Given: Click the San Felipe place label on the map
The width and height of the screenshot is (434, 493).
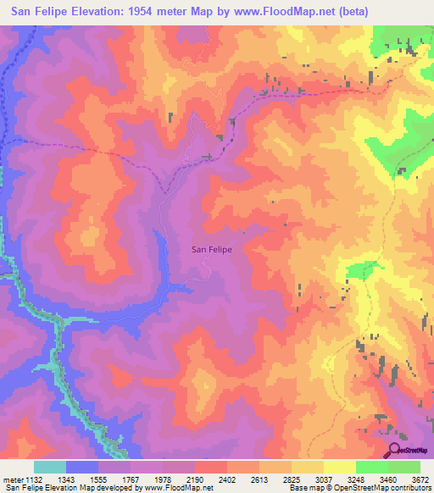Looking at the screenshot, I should point(211,249).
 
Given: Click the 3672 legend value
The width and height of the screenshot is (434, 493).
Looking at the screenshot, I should point(420,479).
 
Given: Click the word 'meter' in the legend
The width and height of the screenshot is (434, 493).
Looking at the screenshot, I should point(13,479).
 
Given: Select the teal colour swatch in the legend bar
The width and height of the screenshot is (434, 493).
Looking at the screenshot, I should point(50,467).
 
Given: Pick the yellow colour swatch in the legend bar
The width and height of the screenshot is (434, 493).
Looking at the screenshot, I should point(340,467).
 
